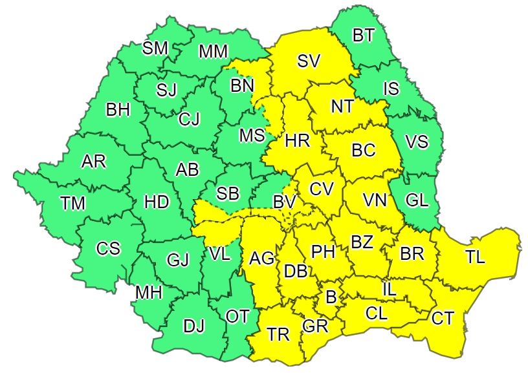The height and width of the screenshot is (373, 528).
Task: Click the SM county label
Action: (155, 48)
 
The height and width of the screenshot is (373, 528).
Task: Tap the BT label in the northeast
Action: (364, 36)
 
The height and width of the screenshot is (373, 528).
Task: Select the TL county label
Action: (475, 257)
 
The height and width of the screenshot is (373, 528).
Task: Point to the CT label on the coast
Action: (443, 317)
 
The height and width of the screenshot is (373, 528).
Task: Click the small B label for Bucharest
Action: (331, 298)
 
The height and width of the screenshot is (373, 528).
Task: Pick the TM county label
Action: (73, 204)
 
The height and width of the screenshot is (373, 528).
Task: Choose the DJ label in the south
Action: (193, 326)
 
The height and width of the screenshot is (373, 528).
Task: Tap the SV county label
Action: (309, 61)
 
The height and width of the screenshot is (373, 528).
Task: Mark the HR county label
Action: (298, 140)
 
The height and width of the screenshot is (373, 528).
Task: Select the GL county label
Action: (417, 200)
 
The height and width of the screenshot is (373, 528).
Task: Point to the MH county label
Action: (148, 292)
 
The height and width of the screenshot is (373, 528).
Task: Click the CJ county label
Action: (190, 118)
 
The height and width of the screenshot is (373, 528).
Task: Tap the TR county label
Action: (278, 334)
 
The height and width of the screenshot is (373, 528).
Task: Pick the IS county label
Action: (391, 88)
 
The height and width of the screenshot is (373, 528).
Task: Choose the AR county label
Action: (94, 162)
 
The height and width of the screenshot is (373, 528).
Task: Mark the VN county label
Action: (375, 200)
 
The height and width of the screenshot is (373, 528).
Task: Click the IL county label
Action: (389, 290)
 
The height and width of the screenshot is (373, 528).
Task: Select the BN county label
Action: (243, 85)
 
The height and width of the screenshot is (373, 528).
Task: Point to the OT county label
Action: (237, 315)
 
